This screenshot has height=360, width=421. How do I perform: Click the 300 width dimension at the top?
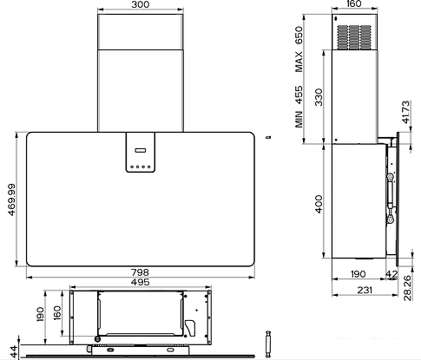click(141, 4)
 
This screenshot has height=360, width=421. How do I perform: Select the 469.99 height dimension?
click(11, 200)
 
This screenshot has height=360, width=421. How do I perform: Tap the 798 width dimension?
click(140, 272)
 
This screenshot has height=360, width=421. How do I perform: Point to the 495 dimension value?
click(140, 282)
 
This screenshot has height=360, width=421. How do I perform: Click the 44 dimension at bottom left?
click(13, 352)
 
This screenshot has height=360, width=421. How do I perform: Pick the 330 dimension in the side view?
click(319, 97)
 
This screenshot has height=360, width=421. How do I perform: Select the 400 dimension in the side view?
click(319, 204)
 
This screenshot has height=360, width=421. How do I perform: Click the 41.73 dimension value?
click(406, 112)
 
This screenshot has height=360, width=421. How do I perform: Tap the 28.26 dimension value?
click(407, 288)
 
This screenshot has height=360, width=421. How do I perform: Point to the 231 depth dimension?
click(365, 290)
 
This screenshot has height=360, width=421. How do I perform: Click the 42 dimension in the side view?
click(392, 274)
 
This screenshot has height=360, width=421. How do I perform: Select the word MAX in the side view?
click(299, 62)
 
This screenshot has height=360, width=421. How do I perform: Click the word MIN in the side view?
click(299, 119)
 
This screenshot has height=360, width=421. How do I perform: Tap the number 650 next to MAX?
click(299, 35)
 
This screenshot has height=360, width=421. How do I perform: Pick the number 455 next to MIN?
click(299, 95)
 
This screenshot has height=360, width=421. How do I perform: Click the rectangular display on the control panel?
click(141, 150)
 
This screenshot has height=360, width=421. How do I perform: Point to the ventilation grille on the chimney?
click(354, 37)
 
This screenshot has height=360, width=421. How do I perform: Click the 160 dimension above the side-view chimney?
click(353, 3)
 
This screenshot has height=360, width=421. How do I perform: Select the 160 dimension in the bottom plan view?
click(57, 312)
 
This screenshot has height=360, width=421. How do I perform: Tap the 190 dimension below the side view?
click(359, 274)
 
